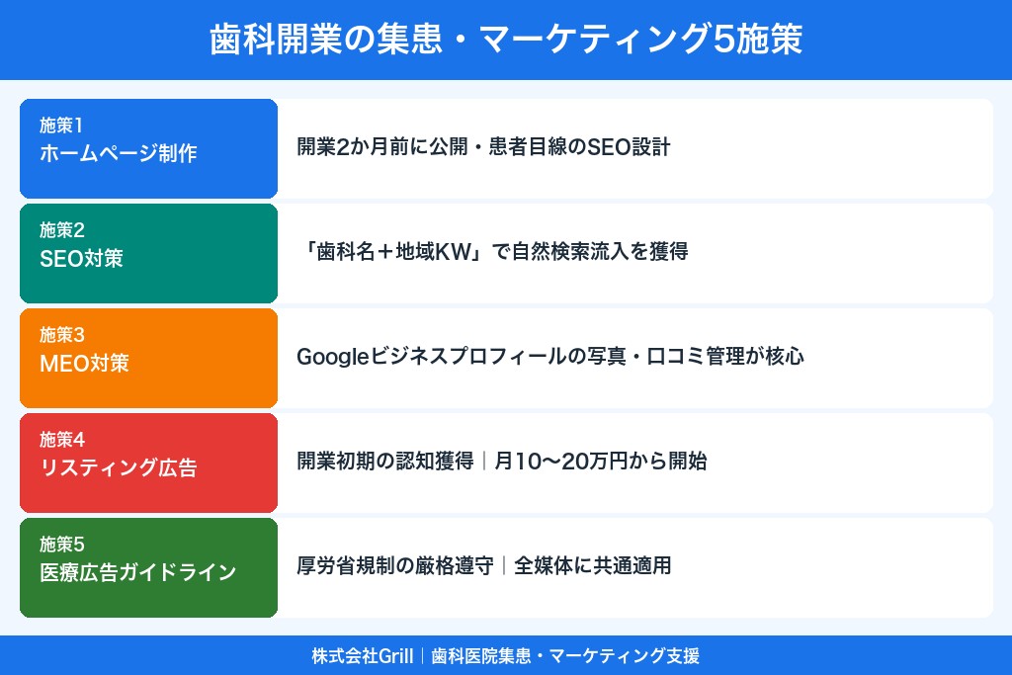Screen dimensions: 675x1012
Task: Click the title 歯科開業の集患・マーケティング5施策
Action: click(506, 40)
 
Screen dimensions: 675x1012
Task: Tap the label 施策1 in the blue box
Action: click(62, 126)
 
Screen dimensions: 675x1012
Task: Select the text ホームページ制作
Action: click(119, 154)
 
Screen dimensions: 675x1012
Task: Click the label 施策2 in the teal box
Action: click(62, 230)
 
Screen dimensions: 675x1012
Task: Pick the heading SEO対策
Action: click(89, 259)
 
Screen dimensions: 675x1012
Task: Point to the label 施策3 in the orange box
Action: click(62, 335)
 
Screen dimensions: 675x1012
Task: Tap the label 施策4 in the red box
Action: click(62, 440)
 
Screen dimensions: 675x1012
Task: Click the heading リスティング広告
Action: click(119, 468)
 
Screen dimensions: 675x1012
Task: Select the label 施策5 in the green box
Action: click(62, 545)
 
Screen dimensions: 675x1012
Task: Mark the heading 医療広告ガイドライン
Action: click(138, 573)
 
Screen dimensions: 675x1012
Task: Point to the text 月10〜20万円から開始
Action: click(601, 462)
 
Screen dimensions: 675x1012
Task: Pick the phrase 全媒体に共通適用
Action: click(593, 566)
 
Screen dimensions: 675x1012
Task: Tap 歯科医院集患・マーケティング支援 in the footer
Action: click(565, 656)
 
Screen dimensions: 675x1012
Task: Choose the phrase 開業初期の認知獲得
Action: click(385, 462)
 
